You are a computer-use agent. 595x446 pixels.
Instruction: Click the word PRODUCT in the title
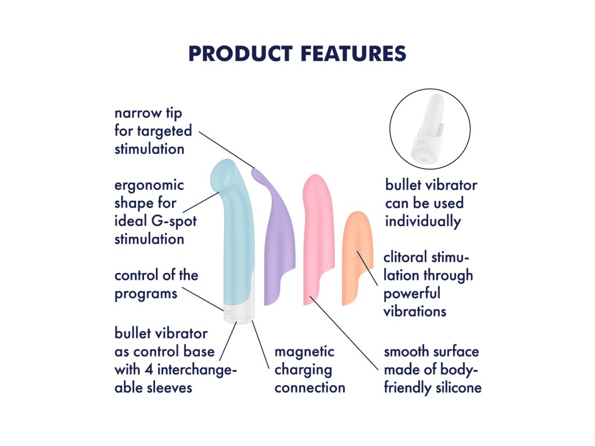241,53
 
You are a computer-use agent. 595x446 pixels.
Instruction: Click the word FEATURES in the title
354,53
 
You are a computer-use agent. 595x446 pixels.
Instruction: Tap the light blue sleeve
232,231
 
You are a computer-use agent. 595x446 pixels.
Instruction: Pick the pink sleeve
318,239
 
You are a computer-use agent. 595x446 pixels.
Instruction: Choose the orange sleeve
357,258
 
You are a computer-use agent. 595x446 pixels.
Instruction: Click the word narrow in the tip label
137,113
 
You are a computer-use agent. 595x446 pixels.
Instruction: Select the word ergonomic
149,186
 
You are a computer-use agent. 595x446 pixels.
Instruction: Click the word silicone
458,388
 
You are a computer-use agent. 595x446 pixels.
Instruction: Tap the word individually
423,221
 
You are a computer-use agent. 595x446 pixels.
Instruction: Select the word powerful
412,294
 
